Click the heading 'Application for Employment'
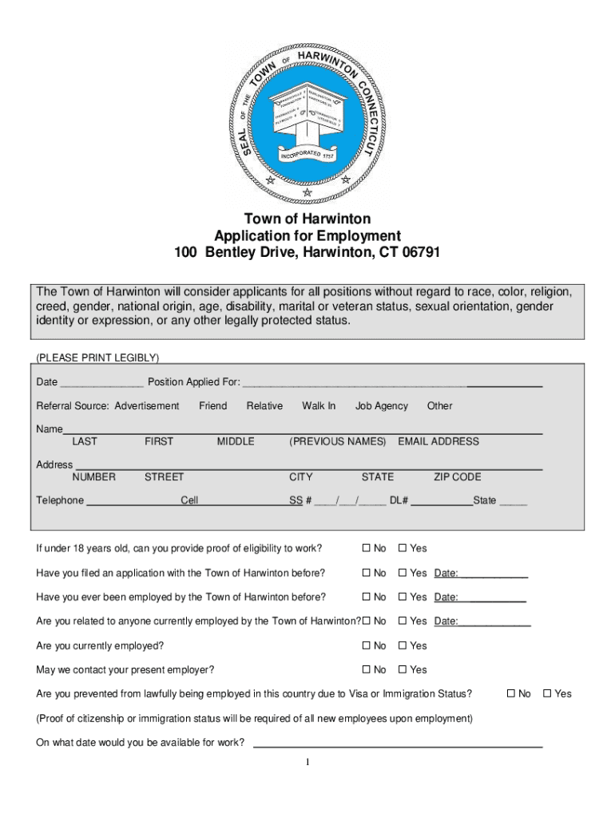pyautogui.click(x=307, y=236)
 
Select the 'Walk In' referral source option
pyautogui.click(x=319, y=406)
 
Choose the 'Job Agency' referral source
pyautogui.click(x=381, y=406)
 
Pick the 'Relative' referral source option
pyautogui.click(x=264, y=406)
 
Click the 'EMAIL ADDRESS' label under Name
pyautogui.click(x=438, y=441)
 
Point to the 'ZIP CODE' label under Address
pyautogui.click(x=457, y=477)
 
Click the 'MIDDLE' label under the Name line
pyautogui.click(x=236, y=441)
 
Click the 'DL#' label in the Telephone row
pyautogui.click(x=399, y=501)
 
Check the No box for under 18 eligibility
pyautogui.click(x=367, y=548)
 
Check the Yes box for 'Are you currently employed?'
pyautogui.click(x=403, y=645)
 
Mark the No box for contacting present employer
pyautogui.click(x=367, y=670)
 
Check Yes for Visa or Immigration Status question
pyautogui.click(x=547, y=694)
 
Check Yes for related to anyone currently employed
pyautogui.click(x=403, y=622)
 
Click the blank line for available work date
pyautogui.click(x=397, y=744)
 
